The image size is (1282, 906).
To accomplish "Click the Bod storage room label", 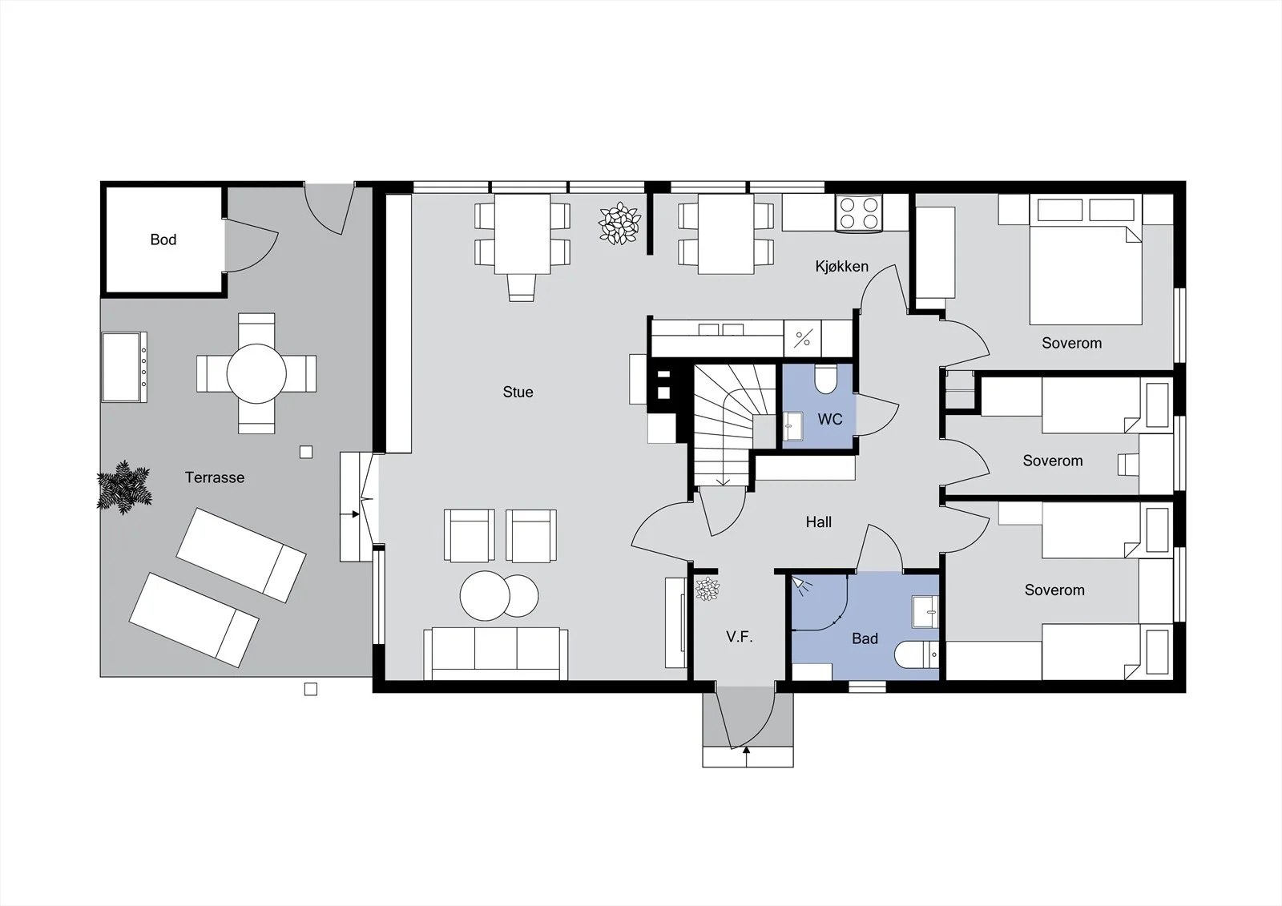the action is (163, 240).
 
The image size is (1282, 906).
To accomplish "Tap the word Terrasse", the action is (215, 477).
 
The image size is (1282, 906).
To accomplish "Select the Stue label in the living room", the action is (518, 392).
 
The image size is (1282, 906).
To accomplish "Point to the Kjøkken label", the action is (842, 266).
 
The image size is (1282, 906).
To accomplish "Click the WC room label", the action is (830, 420).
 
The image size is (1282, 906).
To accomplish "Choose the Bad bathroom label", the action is (865, 638).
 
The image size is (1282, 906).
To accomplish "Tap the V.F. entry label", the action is (740, 637).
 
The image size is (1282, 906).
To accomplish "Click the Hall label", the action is (818, 522).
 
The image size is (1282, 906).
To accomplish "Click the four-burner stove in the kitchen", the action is (858, 213).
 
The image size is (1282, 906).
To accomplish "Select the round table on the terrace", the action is (256, 374).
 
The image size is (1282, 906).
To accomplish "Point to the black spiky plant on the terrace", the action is (124, 488).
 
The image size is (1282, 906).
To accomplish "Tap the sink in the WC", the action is (792, 426).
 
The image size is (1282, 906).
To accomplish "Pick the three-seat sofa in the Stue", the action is (496, 654).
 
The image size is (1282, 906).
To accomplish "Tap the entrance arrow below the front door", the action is (746, 757).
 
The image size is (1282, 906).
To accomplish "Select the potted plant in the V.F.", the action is (708, 589).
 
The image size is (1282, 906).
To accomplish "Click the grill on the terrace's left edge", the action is (124, 367).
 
